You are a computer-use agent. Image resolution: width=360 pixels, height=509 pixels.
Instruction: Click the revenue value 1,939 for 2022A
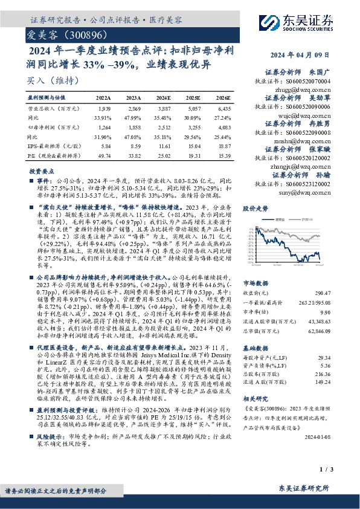(x=103, y=107)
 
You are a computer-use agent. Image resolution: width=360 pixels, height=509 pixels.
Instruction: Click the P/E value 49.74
(x=103, y=155)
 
